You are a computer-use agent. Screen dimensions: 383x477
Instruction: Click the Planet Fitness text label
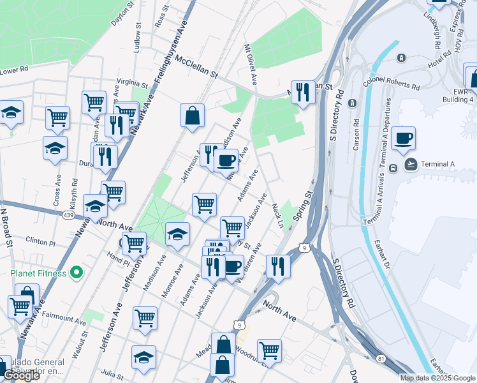38,274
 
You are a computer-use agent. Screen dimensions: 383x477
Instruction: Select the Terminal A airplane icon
412,164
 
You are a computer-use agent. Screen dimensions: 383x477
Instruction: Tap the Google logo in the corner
21,375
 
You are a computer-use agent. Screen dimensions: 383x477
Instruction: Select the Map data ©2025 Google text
437,378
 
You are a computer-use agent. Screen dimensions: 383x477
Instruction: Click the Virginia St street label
132,84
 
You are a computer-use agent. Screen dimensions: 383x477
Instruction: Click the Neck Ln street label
277,216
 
